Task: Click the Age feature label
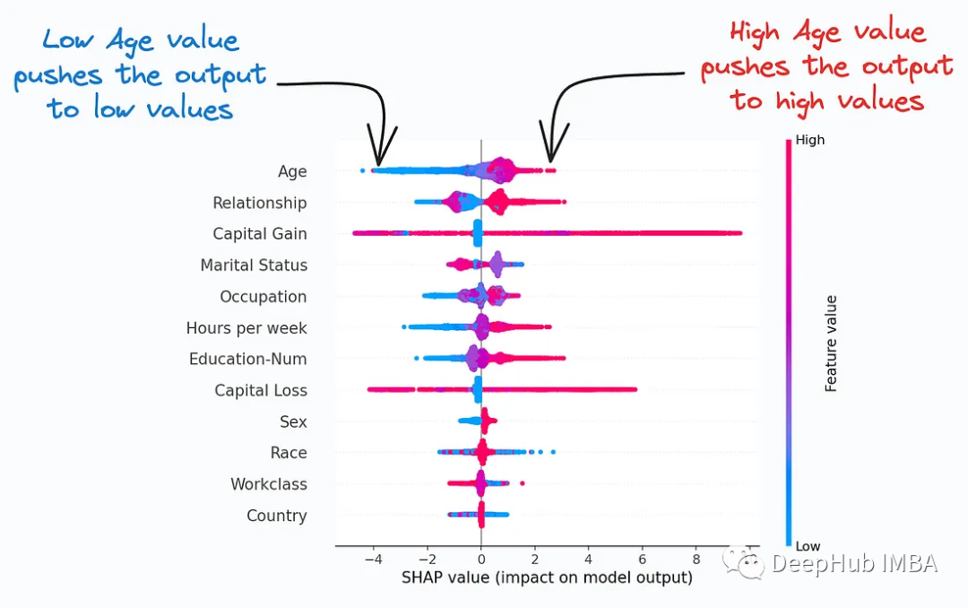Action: (x=292, y=171)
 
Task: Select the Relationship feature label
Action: (x=259, y=203)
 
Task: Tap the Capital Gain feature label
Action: (x=259, y=234)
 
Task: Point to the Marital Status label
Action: (x=254, y=265)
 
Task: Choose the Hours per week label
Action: (x=246, y=328)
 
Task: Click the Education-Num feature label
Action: (x=247, y=359)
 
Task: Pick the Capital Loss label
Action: (x=260, y=390)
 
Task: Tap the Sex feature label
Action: (x=293, y=421)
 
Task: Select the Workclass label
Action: (x=268, y=484)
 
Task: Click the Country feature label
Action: (x=276, y=516)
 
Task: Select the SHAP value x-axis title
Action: (x=548, y=578)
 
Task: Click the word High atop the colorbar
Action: (x=809, y=140)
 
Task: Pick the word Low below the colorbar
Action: (x=808, y=546)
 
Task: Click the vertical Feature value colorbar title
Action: (x=831, y=343)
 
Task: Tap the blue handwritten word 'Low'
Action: (x=70, y=39)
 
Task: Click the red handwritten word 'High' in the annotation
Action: (x=755, y=33)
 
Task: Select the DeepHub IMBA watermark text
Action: (x=853, y=563)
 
